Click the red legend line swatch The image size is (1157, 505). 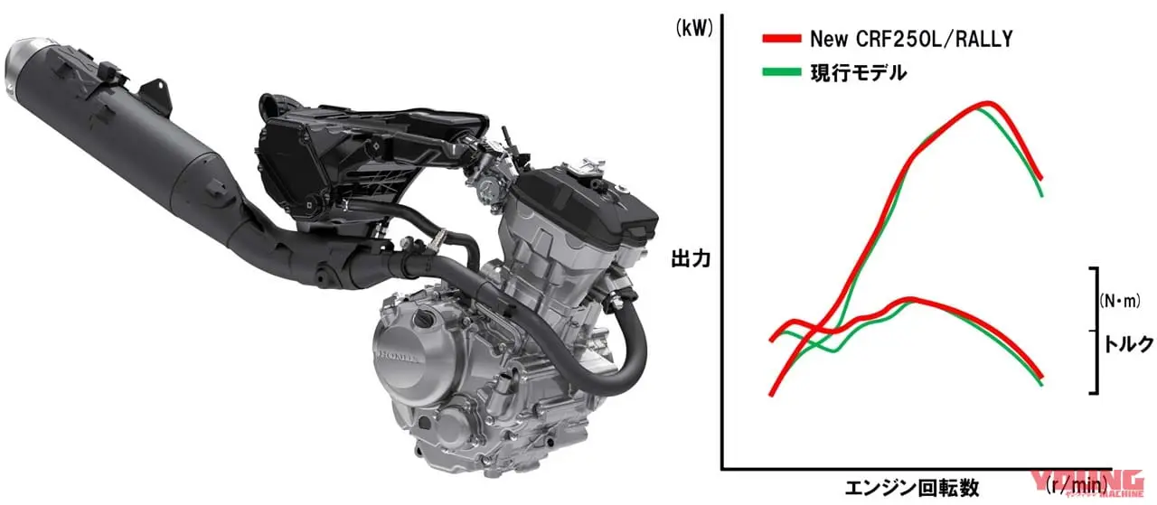point(782,38)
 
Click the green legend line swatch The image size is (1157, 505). point(782,71)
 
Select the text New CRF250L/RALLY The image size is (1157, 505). point(911,39)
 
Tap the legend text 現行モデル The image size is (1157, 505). point(859,72)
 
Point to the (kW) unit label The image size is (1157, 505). point(694,28)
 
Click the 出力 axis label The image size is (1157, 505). point(691,258)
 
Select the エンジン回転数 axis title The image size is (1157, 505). point(912,487)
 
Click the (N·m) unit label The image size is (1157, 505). point(1120,301)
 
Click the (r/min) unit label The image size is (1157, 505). point(1077,484)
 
